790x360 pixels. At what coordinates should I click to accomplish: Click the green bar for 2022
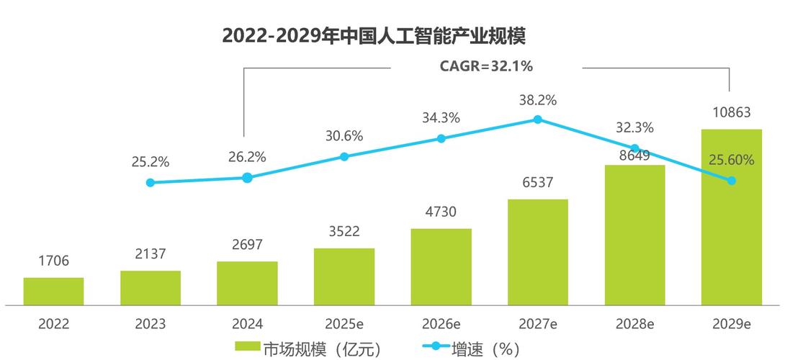[53, 291]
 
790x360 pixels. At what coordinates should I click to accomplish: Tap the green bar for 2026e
[441, 266]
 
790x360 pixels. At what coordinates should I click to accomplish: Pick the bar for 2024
[247, 283]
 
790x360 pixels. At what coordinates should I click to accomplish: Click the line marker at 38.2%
[537, 120]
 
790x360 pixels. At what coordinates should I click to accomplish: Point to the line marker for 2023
[151, 183]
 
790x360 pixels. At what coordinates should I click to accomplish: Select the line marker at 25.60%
[732, 181]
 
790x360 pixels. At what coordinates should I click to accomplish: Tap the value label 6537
[537, 183]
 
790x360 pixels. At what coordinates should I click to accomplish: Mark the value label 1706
[53, 261]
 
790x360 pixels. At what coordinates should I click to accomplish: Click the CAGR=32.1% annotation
[486, 67]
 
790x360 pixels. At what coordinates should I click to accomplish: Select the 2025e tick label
[344, 324]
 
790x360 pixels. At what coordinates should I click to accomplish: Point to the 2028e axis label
[634, 324]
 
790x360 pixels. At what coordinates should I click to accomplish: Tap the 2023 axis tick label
[151, 324]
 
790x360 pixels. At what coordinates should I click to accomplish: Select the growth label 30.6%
[344, 135]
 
